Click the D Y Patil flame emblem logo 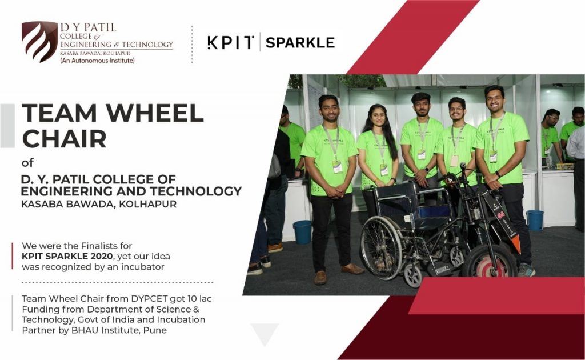39,42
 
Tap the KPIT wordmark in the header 230,43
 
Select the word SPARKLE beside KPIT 300,43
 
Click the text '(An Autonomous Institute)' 97,60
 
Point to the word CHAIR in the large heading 64,138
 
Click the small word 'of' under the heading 27,163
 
